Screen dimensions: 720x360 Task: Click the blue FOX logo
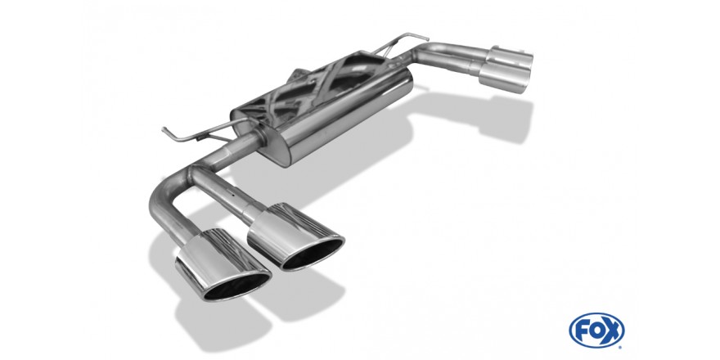pos(596,331)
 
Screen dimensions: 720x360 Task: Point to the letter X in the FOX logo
pos(614,331)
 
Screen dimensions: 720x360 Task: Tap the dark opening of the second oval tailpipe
pos(313,254)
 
